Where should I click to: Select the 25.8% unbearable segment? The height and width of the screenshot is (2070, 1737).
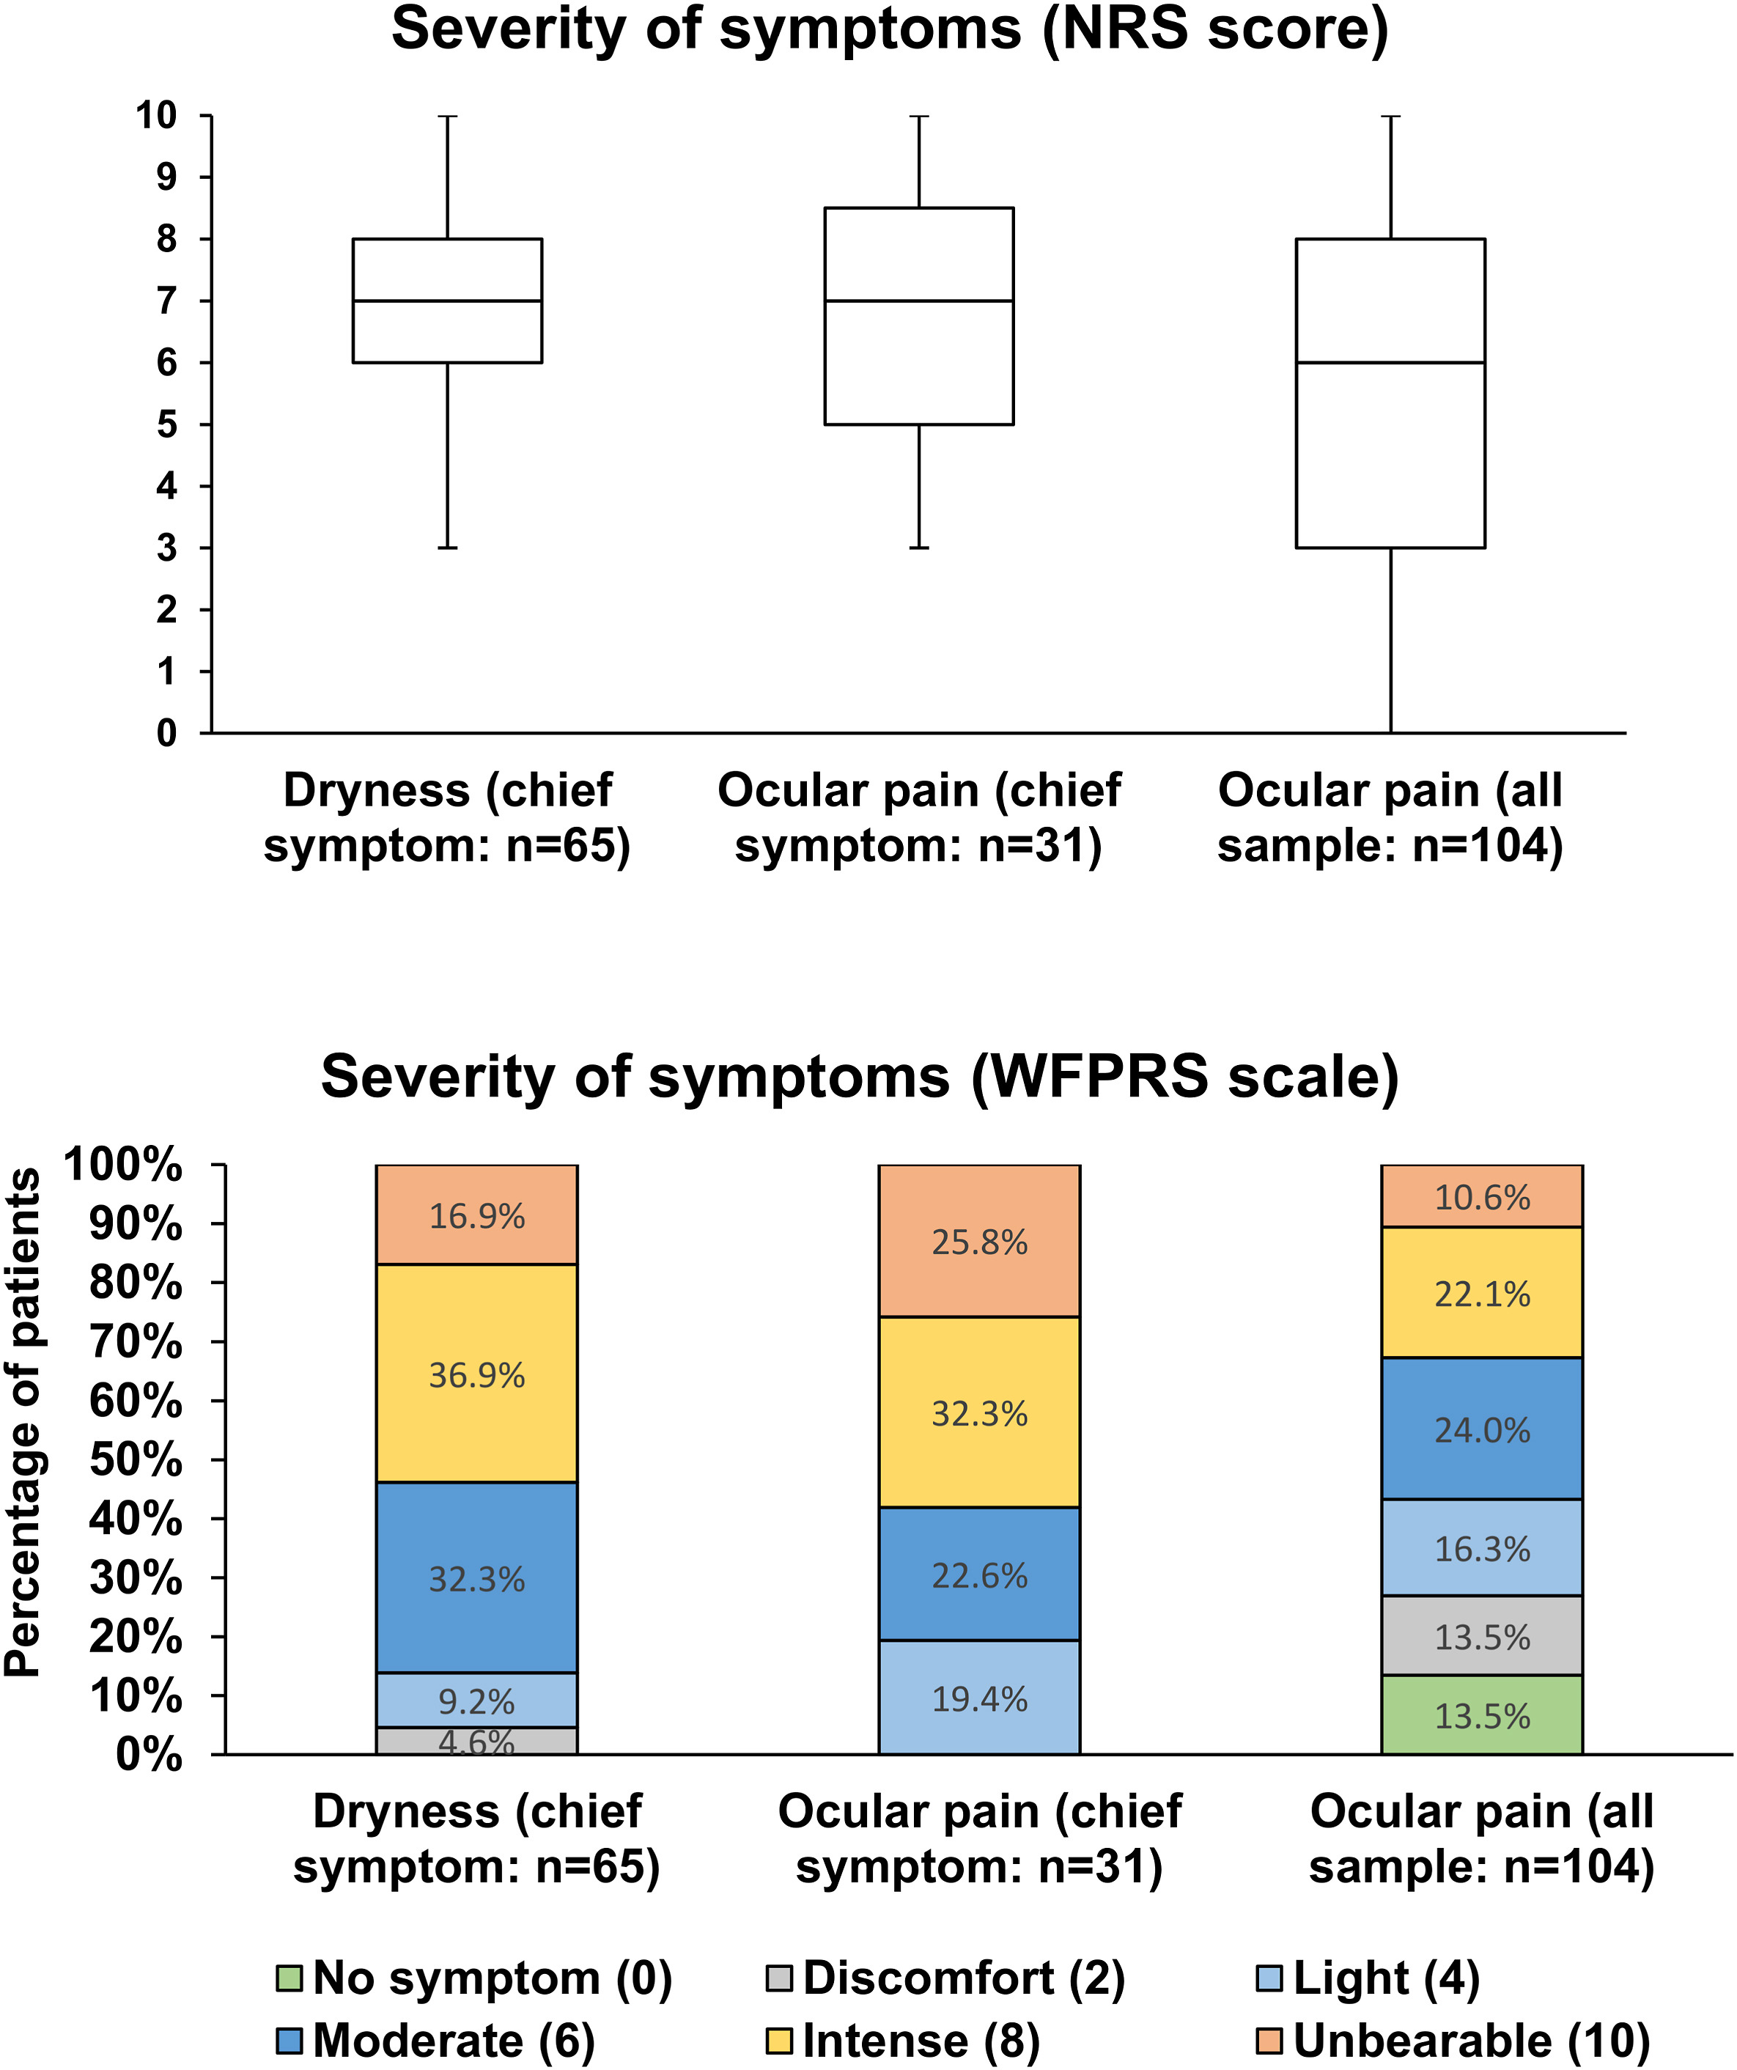(x=979, y=1240)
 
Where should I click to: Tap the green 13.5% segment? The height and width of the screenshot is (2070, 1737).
(x=1482, y=1715)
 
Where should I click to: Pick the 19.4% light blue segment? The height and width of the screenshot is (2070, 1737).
(x=979, y=1698)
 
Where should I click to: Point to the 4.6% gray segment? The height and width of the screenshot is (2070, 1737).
(x=476, y=1741)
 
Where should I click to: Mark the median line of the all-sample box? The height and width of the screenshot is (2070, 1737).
(x=1390, y=363)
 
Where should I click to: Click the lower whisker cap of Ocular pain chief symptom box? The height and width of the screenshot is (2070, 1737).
(x=919, y=547)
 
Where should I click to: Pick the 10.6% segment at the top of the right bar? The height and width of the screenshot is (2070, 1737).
(x=1482, y=1197)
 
